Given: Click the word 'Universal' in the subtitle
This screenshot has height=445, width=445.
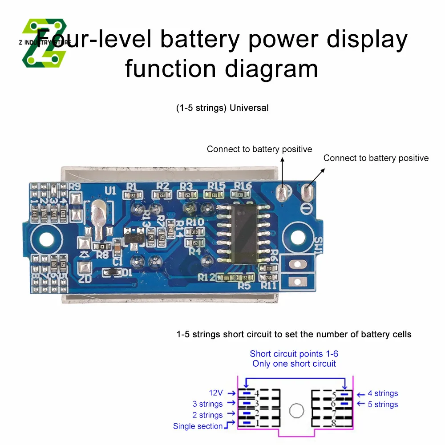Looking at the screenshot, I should [249, 108].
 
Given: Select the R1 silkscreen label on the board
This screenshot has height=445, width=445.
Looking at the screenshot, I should [132, 186].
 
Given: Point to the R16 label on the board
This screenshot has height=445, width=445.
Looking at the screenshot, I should [243, 186].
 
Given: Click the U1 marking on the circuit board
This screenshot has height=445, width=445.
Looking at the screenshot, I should [110, 190].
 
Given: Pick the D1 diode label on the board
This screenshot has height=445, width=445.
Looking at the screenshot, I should [127, 272].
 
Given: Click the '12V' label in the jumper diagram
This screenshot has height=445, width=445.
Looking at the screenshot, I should [216, 393].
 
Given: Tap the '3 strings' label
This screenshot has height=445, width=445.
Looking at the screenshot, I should [207, 404].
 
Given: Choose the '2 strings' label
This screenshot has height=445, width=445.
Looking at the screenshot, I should [207, 415].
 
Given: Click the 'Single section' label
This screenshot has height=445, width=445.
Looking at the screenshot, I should [198, 426].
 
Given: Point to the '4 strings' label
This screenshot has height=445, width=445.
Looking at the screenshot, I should [383, 393].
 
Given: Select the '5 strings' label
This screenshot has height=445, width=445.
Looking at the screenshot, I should [383, 405].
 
